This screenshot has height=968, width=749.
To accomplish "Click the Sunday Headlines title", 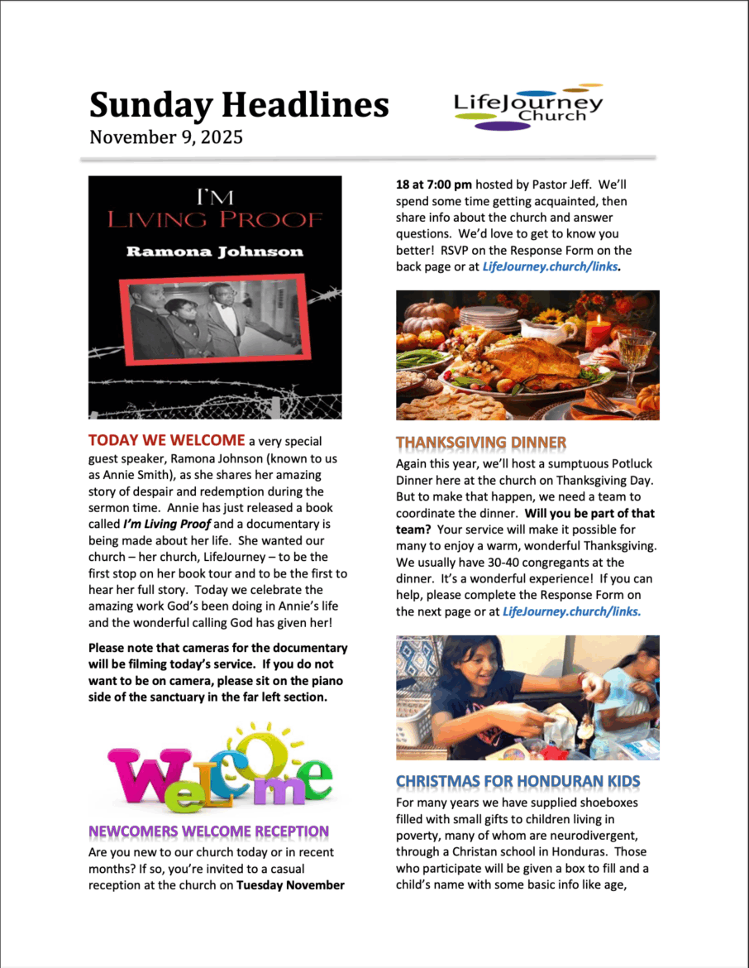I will [x=239, y=105].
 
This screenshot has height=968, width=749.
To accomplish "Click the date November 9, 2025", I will [x=166, y=137].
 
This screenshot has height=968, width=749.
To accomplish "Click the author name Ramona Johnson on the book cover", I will [x=215, y=252].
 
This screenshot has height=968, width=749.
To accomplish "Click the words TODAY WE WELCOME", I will [x=167, y=440].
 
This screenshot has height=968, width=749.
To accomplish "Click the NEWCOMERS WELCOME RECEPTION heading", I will [x=208, y=831].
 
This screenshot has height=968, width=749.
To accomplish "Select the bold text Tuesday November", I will [x=290, y=885].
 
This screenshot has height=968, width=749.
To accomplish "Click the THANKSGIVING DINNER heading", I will [x=481, y=443].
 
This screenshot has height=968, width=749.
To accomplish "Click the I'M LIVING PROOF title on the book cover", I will [x=215, y=209].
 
